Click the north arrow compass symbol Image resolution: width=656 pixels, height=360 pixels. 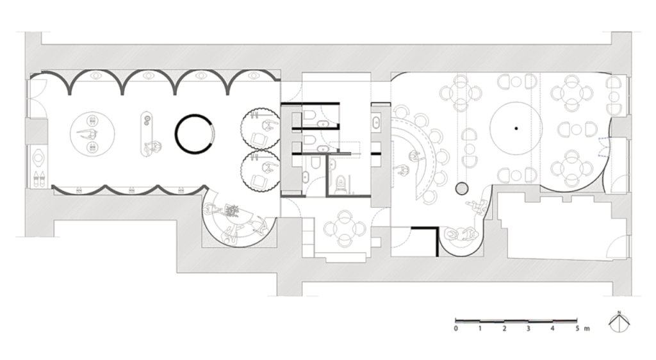pyautogui.click(x=619, y=322)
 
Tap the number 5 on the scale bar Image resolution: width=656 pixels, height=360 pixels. pyautogui.click(x=577, y=329)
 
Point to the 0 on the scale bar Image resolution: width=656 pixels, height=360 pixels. pyautogui.click(x=455, y=329)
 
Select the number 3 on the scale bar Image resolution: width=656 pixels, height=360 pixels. pyautogui.click(x=529, y=329)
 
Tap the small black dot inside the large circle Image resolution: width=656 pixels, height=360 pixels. pyautogui.click(x=516, y=128)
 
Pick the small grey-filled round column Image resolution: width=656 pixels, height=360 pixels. pyautogui.click(x=461, y=189)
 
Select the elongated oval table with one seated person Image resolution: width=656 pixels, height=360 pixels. pyautogui.click(x=147, y=134)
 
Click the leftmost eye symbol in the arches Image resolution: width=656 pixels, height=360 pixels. pyautogui.click(x=96, y=76)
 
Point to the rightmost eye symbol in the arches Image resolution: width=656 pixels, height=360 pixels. pyautogui.click(x=254, y=76)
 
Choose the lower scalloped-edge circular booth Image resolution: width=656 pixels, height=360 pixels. pyautogui.click(x=260, y=171)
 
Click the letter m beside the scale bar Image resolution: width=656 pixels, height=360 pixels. pyautogui.click(x=587, y=329)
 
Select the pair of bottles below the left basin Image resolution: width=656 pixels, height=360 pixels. pyautogui.click(x=38, y=177)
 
